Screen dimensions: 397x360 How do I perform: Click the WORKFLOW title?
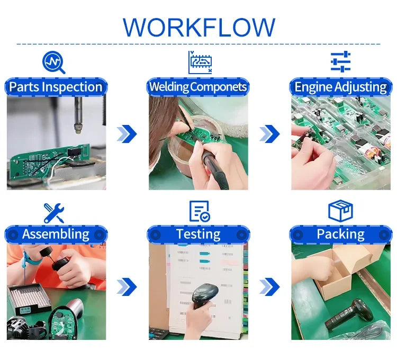coord(199,28)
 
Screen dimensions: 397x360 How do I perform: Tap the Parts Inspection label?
coord(56,87)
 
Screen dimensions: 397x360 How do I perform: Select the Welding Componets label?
coord(198,87)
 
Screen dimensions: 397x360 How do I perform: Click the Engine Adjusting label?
coord(341,87)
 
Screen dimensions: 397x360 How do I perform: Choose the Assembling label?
coord(56,234)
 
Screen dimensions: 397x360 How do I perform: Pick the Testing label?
coord(198,234)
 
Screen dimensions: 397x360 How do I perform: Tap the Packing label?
coord(341,234)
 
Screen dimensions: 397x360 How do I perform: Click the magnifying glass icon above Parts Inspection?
coord(53,62)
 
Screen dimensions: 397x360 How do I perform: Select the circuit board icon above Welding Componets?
coord(200,62)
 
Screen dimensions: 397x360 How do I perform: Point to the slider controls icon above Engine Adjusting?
coord(341,61)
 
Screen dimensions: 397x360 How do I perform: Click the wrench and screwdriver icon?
coord(53,213)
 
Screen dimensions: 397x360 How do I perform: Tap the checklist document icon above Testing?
coord(200,211)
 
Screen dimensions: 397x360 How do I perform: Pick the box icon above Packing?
coord(340,211)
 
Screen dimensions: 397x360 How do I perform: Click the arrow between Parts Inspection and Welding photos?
coord(127,133)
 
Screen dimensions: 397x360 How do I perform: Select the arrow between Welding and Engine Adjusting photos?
coord(269,133)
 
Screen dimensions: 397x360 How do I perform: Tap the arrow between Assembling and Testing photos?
coord(127,286)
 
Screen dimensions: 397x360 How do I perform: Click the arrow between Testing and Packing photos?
coord(269,286)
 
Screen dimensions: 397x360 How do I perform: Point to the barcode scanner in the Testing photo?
coord(204,295)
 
